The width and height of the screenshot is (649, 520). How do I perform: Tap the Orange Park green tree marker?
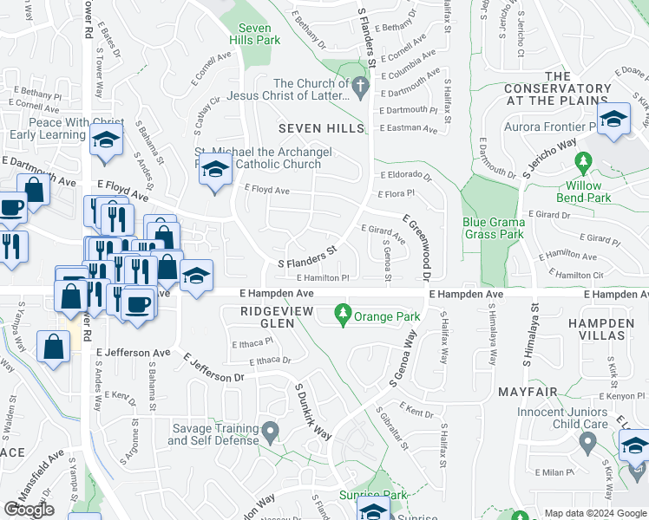point(344,311)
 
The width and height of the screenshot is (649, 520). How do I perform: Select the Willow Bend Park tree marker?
point(583,161)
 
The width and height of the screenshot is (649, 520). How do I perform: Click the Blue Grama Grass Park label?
point(493,228)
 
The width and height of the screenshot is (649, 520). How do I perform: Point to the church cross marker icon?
point(360,85)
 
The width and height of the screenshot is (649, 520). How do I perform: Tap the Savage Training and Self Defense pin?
point(270,431)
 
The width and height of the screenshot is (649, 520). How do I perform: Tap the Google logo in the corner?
point(29,510)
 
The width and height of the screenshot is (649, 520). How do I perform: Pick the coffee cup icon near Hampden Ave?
point(137,305)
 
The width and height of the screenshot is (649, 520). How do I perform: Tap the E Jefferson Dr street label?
point(214,370)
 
